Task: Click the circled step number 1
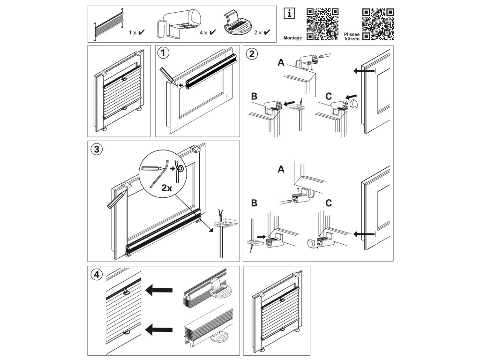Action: pos(163,53)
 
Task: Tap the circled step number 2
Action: pos(252,54)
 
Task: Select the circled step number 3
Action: pos(97,150)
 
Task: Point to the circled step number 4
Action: pos(97,275)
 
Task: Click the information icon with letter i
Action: pos(289,14)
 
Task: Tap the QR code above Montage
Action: pos(322,24)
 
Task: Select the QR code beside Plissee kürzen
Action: pos(378,24)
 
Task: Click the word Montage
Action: pos(292,38)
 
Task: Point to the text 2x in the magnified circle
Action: pos(167,188)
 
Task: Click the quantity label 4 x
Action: pos(203,32)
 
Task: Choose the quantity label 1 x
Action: pos(132,32)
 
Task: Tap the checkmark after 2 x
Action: pos(267,32)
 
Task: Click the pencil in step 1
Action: pos(168,77)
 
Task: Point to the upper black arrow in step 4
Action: pos(159,290)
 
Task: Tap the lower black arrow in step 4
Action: pos(159,330)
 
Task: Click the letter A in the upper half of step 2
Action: pos(281,63)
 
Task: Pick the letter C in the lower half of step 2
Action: pos(329,203)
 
